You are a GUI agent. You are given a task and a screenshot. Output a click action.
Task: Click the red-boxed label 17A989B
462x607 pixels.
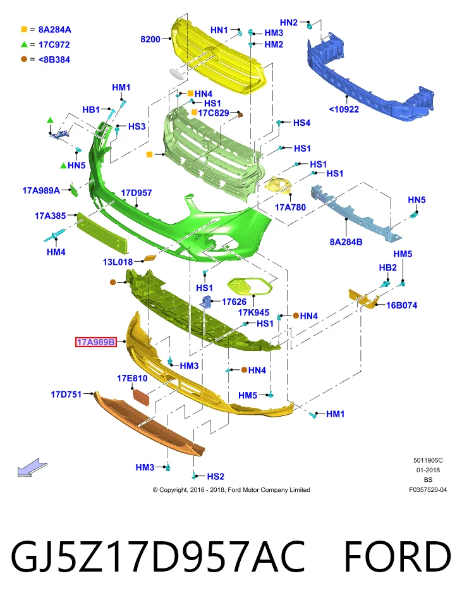point(96,342)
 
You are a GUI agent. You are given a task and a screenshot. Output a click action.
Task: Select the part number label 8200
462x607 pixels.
point(150,39)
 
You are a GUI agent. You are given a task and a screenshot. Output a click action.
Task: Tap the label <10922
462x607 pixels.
point(344,109)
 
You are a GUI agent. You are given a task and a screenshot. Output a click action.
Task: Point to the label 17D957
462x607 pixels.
point(137,193)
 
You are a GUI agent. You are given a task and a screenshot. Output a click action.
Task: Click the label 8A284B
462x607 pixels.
point(346,242)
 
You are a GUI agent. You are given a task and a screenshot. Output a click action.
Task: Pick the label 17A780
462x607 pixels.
point(290,207)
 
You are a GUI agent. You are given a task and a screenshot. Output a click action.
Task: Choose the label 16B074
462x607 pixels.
point(401,305)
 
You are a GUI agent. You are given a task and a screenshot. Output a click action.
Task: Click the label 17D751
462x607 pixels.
point(66,395)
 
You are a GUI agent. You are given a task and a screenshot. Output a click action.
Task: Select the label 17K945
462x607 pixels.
point(253,313)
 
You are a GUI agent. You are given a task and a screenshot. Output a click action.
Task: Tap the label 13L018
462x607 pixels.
point(118,262)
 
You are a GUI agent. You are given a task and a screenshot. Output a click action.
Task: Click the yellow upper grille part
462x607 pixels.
point(219,56)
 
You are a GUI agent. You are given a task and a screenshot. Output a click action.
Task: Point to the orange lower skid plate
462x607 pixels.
point(149,423)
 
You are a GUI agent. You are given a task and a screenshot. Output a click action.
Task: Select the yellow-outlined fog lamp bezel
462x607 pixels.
point(250,286)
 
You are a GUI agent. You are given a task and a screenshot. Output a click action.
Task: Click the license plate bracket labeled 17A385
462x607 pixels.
point(102,232)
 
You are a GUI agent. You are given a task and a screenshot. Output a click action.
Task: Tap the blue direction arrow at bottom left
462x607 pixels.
point(32,467)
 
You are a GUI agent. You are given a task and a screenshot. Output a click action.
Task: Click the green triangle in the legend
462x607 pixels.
point(24,44)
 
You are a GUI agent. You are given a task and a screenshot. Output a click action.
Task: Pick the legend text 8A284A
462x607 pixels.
point(54,30)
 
